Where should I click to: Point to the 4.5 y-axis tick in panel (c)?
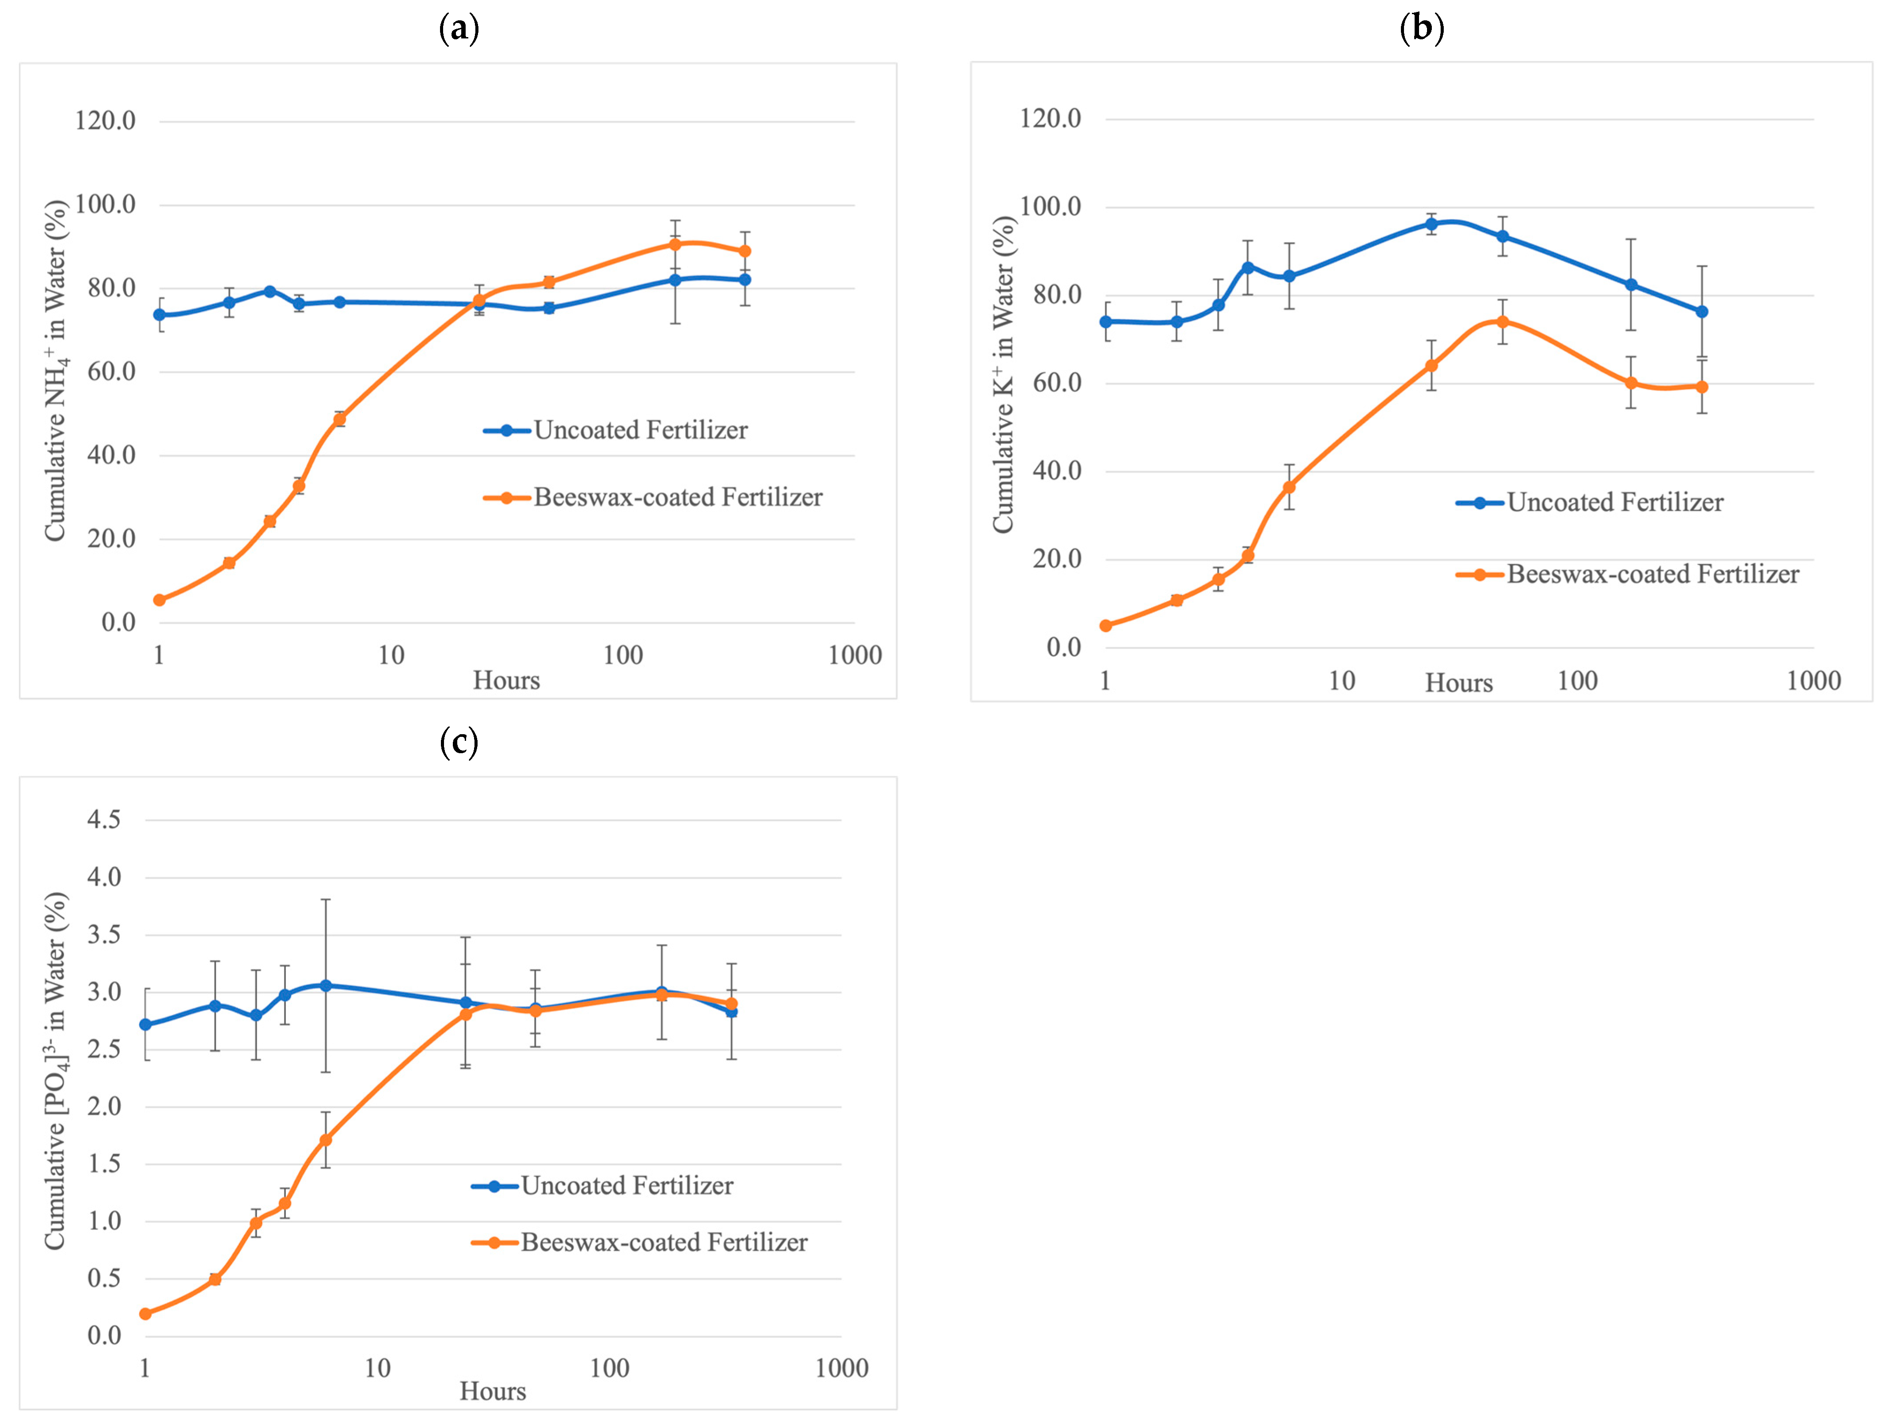coord(104,819)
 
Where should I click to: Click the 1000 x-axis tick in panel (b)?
coord(1814,680)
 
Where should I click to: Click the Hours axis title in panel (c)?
coord(493,1392)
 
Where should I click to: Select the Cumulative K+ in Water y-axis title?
coord(1004,374)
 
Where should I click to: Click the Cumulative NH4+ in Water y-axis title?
coord(56,370)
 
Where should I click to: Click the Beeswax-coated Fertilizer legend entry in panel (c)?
coord(639,1242)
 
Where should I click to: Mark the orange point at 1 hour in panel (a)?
coord(159,600)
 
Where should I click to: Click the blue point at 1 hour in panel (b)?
coord(1106,322)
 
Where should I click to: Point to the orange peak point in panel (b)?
coord(1503,322)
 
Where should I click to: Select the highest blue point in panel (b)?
coord(1431,224)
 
